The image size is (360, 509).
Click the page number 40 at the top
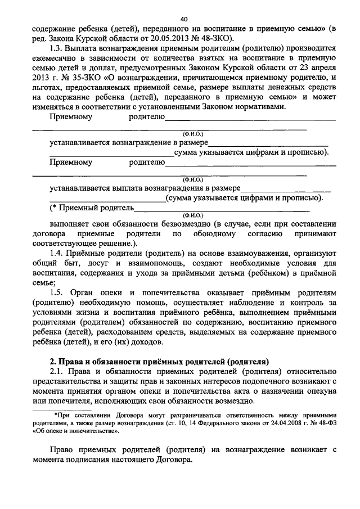[180, 17]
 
